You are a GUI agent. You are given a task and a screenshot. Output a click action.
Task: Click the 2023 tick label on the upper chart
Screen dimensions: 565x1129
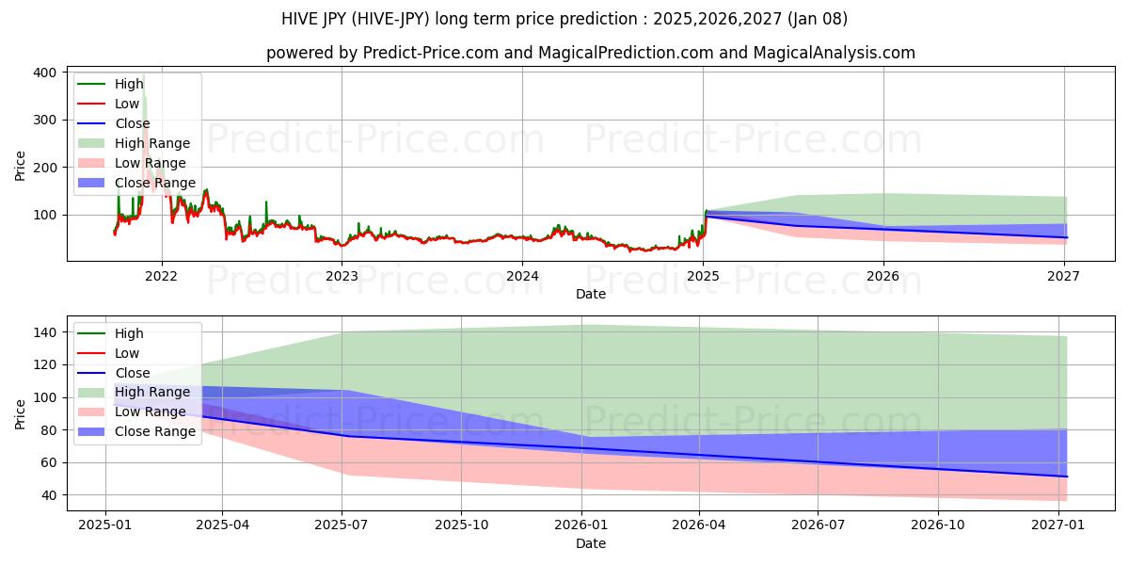(x=342, y=276)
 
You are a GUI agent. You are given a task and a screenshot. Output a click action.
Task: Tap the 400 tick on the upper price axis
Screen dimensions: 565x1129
(x=46, y=73)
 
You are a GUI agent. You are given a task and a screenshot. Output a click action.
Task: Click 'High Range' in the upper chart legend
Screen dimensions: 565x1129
(x=152, y=143)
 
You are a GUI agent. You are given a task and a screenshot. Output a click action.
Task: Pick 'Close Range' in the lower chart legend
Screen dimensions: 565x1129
(x=155, y=431)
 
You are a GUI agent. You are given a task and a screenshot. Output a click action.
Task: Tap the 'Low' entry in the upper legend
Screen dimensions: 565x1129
(x=127, y=104)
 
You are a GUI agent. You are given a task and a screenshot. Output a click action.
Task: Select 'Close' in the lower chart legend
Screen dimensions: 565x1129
(x=132, y=373)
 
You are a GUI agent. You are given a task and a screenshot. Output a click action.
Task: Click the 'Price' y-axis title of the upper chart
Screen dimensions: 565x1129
(x=20, y=165)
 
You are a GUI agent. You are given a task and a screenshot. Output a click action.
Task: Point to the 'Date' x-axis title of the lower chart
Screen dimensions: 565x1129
(x=590, y=543)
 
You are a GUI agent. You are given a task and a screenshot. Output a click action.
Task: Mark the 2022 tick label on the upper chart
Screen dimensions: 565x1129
(x=162, y=276)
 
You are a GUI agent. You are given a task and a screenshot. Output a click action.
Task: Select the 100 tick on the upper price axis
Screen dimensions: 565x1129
(x=46, y=215)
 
